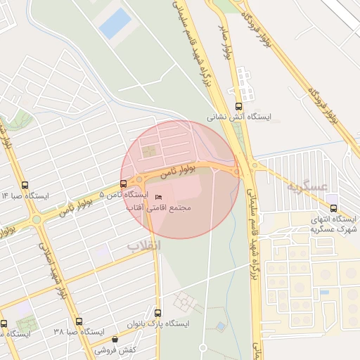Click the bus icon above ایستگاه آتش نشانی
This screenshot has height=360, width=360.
coord(238,106)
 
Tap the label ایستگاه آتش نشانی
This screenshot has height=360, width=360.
coord(238,117)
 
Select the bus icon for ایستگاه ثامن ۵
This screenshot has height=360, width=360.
coord(124,184)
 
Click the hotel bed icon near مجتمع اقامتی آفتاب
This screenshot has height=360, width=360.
coord(157,197)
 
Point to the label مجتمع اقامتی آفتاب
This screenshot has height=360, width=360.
coord(158,208)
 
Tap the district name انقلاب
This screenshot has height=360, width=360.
coord(143,245)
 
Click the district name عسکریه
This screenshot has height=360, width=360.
coord(308,186)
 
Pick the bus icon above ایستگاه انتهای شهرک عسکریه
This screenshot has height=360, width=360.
coord(333,208)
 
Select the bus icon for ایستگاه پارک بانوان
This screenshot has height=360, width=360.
coord(157,313)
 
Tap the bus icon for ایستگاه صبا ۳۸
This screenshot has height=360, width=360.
coord(79,321)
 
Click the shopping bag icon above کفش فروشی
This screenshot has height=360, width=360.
coord(115,340)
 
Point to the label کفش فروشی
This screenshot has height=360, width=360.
coord(115,349)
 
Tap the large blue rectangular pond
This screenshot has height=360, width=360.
coord(115,24)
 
